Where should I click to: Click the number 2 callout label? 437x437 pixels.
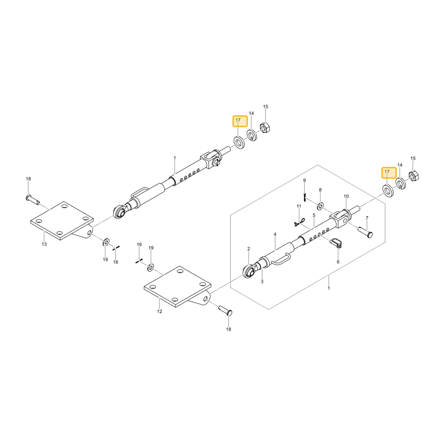point(249,249)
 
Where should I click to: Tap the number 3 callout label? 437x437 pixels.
point(262,281)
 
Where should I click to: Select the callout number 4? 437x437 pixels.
point(275,234)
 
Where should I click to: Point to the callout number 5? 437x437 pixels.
point(314,215)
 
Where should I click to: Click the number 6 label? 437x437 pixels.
point(338,262)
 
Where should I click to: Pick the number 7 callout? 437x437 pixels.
point(367,218)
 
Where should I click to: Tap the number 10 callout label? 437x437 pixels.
point(346,197)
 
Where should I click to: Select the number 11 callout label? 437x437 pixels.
point(299,206)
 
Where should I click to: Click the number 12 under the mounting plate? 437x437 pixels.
point(160,311)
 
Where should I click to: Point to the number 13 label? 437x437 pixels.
point(44,244)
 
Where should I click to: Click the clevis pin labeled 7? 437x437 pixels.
point(365,232)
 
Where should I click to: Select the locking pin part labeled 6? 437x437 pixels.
point(336,243)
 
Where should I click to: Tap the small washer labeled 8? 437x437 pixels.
point(320,207)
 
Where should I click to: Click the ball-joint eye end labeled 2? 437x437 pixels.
point(249,272)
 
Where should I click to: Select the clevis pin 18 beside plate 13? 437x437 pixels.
point(33,199)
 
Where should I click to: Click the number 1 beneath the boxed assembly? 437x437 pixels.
point(329,288)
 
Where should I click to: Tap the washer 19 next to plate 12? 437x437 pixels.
point(151,268)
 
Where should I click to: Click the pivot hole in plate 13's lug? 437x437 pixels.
point(89,232)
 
